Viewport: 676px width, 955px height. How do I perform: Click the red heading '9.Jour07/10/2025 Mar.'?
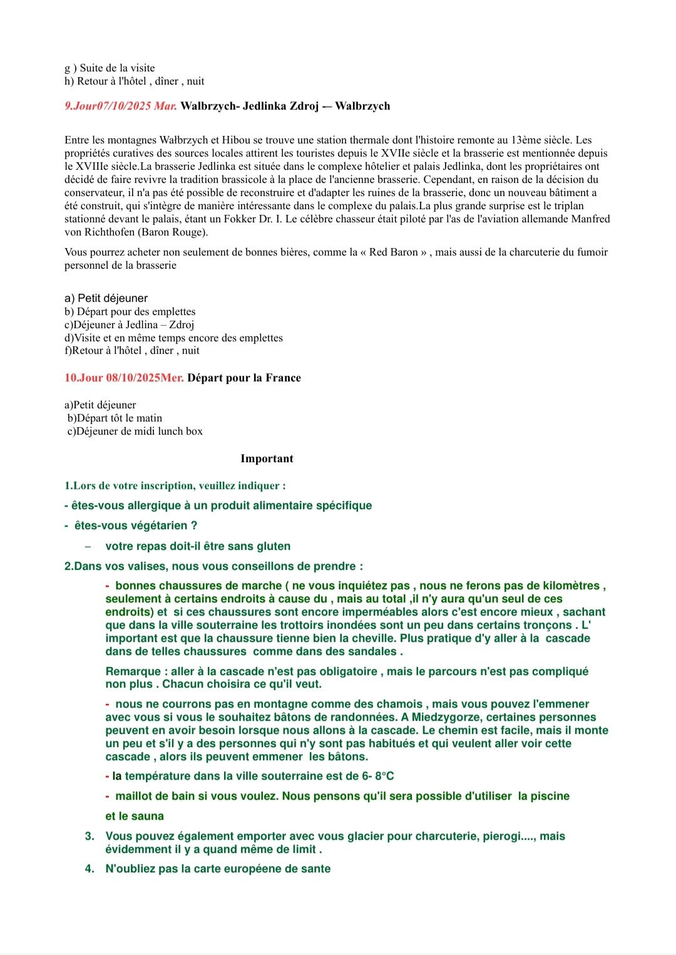click(x=121, y=106)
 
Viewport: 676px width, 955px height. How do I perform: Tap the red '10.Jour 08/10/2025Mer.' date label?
click(x=124, y=378)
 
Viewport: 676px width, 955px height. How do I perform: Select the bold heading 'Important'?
click(x=267, y=459)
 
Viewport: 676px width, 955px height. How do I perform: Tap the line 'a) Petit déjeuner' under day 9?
click(x=106, y=299)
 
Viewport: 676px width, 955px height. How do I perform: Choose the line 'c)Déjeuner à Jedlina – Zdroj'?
click(x=130, y=325)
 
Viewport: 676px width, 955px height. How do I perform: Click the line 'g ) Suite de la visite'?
click(x=110, y=68)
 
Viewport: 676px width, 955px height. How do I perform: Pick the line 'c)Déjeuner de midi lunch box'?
click(x=135, y=431)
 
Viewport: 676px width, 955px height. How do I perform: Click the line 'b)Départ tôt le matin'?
click(x=115, y=418)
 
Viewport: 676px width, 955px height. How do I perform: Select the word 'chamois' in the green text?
click(x=401, y=705)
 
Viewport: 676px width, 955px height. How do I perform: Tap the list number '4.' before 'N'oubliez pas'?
click(x=90, y=869)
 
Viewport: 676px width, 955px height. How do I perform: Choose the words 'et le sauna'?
click(x=135, y=817)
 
